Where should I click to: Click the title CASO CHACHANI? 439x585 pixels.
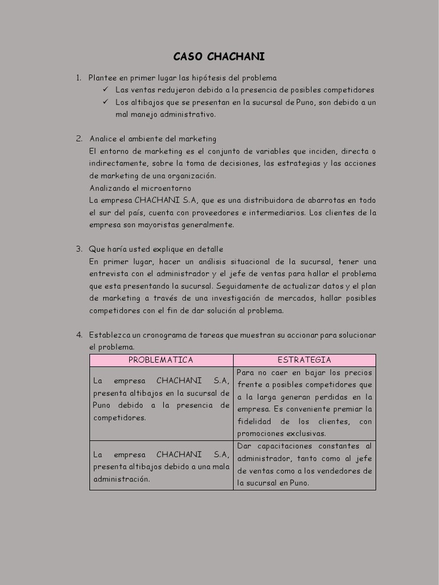[219, 57]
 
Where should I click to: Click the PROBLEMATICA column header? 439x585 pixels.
[161, 360]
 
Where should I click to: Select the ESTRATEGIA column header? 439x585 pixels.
[304, 360]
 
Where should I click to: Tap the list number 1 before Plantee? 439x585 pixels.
[78, 78]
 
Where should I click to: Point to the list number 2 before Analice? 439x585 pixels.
[79, 139]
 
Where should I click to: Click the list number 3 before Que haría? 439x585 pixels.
[79, 249]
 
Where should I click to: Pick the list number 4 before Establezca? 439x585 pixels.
[79, 335]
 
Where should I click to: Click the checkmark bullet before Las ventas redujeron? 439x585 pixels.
[106, 90]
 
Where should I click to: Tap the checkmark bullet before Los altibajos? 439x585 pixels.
[106, 102]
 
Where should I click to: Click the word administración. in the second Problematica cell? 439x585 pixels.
[121, 479]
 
